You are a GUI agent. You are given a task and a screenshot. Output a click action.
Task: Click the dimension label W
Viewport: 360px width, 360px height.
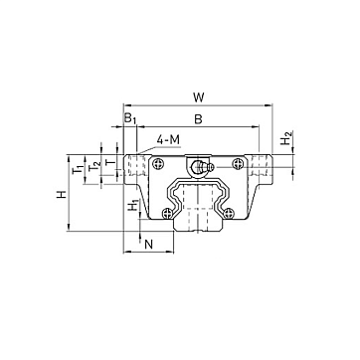[198, 97]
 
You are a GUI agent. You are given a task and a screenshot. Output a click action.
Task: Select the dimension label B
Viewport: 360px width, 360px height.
[198, 119]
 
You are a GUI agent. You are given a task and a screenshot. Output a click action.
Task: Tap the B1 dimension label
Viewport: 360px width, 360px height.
[130, 118]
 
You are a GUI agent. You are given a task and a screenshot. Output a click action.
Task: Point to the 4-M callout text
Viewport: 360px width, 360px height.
[168, 140]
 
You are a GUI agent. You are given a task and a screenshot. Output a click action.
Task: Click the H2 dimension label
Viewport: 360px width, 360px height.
[286, 138]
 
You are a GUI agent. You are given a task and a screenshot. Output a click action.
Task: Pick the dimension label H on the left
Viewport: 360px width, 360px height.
[62, 194]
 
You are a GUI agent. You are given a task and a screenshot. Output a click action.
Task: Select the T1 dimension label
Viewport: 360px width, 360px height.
[79, 169]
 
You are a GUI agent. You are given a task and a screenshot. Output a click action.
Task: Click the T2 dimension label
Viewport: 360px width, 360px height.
[94, 165]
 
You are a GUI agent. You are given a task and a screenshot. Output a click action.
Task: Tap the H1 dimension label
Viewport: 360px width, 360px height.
[133, 206]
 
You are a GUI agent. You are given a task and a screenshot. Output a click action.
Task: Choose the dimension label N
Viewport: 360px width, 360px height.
[149, 245]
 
